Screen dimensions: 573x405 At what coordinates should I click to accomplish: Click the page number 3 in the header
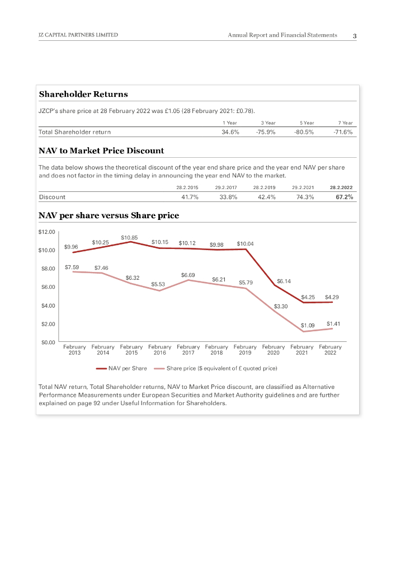click(355, 36)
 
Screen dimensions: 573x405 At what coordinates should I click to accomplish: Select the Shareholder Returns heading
click(83, 94)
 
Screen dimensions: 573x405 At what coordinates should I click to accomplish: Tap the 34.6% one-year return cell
click(230, 132)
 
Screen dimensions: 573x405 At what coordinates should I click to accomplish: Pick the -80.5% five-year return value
click(304, 132)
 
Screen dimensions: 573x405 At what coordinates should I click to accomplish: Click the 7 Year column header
click(346, 123)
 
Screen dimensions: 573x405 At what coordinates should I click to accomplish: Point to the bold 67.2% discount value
click(344, 197)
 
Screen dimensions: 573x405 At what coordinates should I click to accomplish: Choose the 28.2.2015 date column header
click(187, 187)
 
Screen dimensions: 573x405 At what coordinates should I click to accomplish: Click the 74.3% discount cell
click(305, 197)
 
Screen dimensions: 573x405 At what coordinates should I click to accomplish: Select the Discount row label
click(52, 197)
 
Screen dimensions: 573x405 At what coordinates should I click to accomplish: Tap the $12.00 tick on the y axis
click(46, 232)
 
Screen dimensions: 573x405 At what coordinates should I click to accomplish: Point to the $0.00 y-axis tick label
click(46, 342)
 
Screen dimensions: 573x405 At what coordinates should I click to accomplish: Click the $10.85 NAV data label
click(129, 238)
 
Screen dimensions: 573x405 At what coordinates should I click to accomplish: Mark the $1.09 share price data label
click(308, 325)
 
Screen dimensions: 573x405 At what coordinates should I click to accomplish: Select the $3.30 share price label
click(280, 307)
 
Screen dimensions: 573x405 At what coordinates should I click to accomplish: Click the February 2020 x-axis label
click(274, 350)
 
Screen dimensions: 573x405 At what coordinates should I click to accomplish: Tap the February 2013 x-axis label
click(74, 350)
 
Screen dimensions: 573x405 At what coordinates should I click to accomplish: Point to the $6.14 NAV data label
click(284, 281)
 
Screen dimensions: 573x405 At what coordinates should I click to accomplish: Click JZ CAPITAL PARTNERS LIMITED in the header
click(78, 35)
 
